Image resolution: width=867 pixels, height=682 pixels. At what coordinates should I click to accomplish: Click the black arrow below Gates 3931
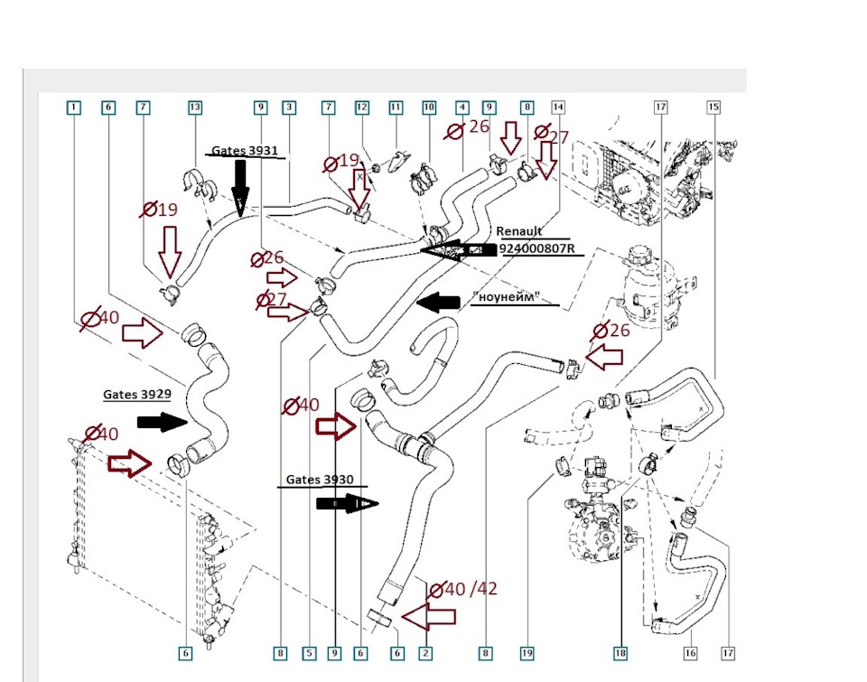pyautogui.click(x=240, y=187)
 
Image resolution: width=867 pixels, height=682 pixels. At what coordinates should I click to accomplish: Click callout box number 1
pyautogui.click(x=73, y=107)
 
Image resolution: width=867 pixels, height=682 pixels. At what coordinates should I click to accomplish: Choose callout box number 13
pyautogui.click(x=195, y=107)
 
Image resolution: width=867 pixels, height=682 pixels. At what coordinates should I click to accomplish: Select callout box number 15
pyautogui.click(x=713, y=107)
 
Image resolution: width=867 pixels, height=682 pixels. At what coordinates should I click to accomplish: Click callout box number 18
pyautogui.click(x=620, y=652)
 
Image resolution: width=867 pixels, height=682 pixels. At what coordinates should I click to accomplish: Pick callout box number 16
pyautogui.click(x=691, y=652)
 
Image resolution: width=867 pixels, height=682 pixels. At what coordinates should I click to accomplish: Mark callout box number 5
pyautogui.click(x=309, y=652)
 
